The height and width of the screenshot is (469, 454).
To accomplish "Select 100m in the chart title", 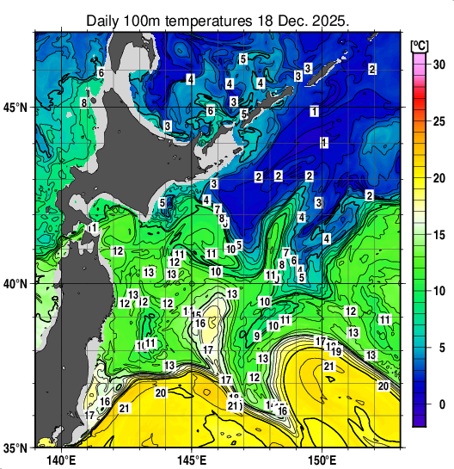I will pos(146,19).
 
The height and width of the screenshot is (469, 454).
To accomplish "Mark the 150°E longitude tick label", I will pos(322,460).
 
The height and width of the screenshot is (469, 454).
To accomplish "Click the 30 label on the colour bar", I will pos(438,64).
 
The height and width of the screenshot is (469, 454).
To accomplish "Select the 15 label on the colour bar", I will pos(438,234).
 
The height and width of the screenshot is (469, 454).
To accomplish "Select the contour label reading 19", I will pos(336,351).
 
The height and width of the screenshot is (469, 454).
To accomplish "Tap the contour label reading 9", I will pos(257,336).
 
